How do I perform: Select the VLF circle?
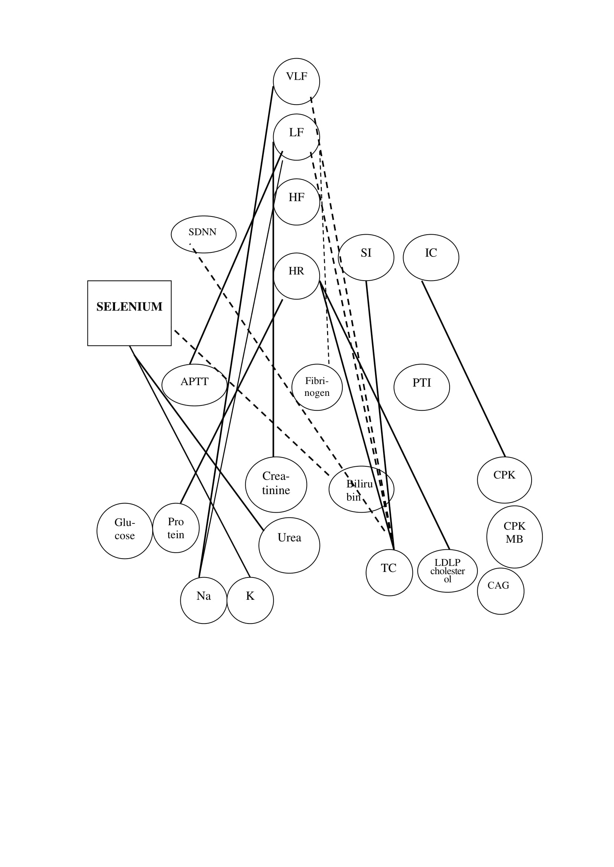tap(296, 81)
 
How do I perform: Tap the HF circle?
tap(296, 202)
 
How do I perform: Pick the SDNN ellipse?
tap(203, 234)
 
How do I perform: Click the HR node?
tap(296, 276)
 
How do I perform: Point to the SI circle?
tap(366, 257)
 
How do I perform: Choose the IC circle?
tap(431, 257)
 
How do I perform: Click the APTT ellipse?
tap(194, 385)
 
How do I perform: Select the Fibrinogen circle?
tap(317, 387)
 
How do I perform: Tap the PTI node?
tap(422, 387)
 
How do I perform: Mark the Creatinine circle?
tap(276, 484)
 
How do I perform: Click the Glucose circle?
tap(125, 530)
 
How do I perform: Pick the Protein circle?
tap(176, 528)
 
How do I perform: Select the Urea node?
tap(289, 545)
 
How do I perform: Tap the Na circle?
tap(203, 600)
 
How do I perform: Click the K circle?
tap(250, 600)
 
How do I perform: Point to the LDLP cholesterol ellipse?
tap(447, 570)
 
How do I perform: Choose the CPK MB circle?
tap(514, 537)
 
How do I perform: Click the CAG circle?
tap(500, 591)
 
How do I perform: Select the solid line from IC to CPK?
tap(463, 368)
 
